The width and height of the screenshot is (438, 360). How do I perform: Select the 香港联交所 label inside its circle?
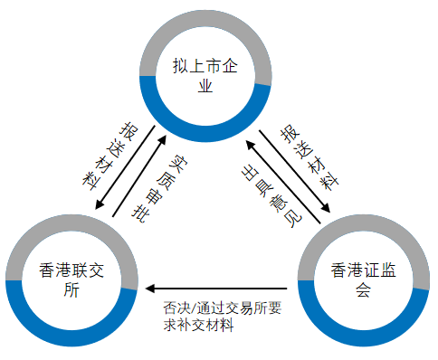point(71,279)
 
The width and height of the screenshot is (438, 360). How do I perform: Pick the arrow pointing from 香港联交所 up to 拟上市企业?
point(138,176)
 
